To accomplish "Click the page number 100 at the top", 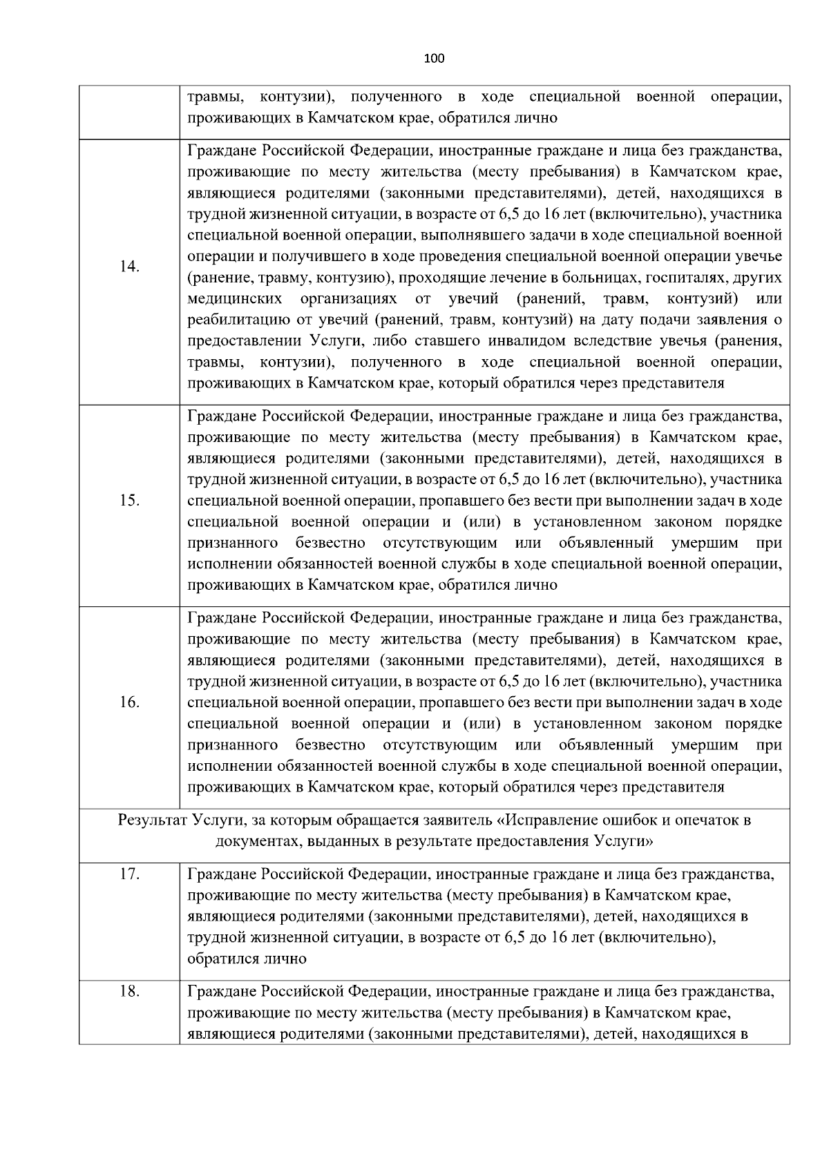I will tap(434, 58).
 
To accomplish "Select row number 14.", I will tap(129, 267).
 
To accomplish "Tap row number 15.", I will tap(129, 501).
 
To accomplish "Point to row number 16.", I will tap(129, 702).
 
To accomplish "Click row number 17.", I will tap(129, 874).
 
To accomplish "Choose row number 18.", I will tap(129, 992).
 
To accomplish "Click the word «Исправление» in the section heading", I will tap(548, 820).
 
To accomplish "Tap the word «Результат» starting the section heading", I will tap(152, 820).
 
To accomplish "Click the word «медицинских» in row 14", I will tap(234, 299).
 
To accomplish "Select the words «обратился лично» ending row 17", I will tap(247, 959).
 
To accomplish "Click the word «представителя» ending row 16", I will tap(673, 787).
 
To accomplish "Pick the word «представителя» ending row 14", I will tap(673, 383).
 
